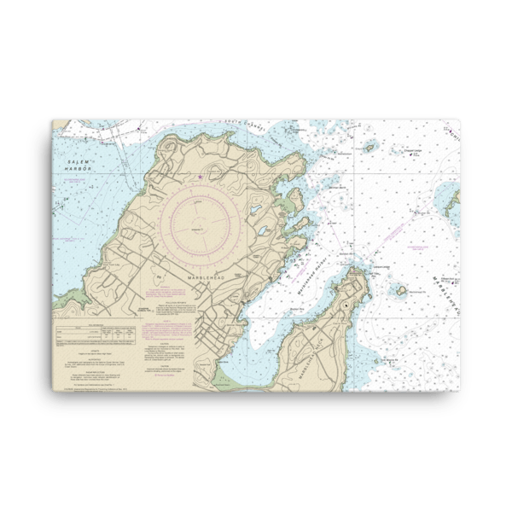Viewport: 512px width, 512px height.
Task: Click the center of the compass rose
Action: tap(199, 229)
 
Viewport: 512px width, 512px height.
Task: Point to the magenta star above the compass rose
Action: tap(199, 177)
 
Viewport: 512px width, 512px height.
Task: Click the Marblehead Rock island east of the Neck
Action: tap(399, 290)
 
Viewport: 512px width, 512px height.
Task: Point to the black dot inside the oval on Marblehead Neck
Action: tap(344, 305)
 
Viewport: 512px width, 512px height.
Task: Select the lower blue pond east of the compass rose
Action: tap(264, 231)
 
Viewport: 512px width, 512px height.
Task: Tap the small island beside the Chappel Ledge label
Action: tap(369, 148)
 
